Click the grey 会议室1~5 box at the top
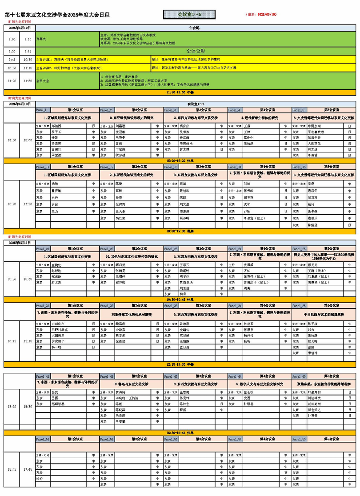tap(189, 15)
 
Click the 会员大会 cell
tap(67, 81)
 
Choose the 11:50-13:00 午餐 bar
tap(180, 92)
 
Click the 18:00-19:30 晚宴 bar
tap(180, 232)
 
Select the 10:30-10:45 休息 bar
tap(180, 300)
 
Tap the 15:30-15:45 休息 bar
tap(180, 432)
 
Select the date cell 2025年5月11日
tap(20, 243)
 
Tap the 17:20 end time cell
tap(28, 204)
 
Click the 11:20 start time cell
tap(12, 81)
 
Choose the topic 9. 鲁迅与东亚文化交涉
tap(132, 384)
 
